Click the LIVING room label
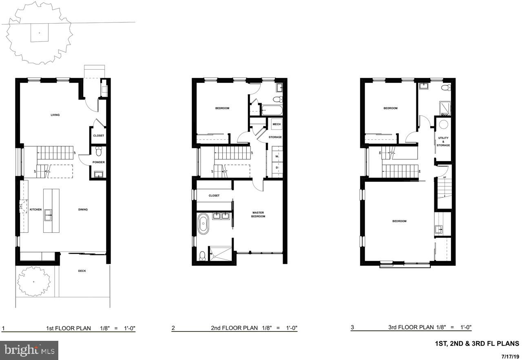point(55,115)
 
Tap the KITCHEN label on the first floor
point(35,210)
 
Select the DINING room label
point(83,210)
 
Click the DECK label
point(82,271)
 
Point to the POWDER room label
point(98,162)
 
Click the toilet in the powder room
point(98,152)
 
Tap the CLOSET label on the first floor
point(98,136)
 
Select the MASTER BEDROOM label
point(258,214)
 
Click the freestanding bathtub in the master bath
point(203,225)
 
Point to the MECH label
point(276,124)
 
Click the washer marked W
point(276,156)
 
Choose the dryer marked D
point(276,168)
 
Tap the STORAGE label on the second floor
point(275,137)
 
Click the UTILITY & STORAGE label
point(443,141)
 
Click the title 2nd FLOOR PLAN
point(234,328)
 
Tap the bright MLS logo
point(29,350)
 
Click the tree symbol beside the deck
point(33,281)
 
